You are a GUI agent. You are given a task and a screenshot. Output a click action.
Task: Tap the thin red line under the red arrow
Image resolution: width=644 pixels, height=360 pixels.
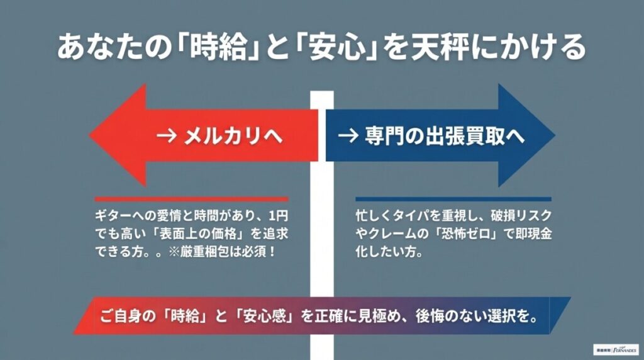tap(192, 199)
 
